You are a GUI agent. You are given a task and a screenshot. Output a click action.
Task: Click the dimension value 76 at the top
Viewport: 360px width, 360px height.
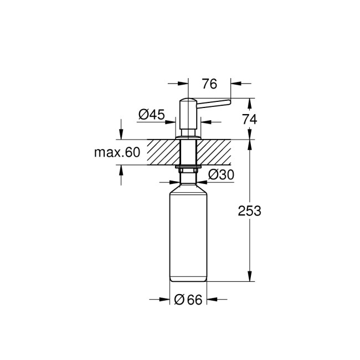209,84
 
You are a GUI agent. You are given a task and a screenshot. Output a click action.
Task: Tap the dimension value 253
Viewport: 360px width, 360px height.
249,211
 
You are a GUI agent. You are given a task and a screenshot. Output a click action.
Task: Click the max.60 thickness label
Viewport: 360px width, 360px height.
116,152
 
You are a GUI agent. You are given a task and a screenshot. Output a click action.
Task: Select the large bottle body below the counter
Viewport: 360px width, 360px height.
188,233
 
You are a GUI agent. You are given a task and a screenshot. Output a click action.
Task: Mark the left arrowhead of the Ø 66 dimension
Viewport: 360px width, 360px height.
164,300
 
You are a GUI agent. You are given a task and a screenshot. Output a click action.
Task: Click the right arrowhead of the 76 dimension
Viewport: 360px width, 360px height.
234,84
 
